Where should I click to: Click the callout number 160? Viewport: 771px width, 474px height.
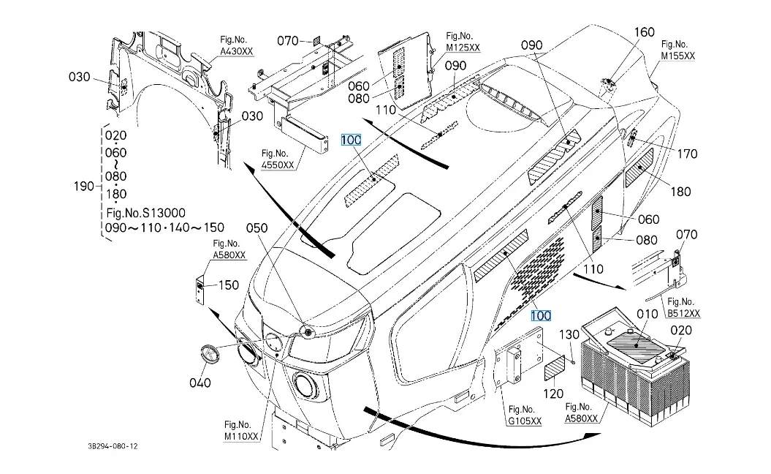tap(644, 32)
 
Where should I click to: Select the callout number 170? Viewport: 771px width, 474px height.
tap(687, 154)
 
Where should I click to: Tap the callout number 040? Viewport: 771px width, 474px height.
tap(200, 383)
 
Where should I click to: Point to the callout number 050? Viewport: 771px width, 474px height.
tap(257, 228)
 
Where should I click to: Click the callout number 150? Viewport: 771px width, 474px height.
tap(229, 285)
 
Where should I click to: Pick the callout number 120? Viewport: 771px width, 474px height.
tap(553, 394)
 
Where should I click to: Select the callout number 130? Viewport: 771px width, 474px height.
tap(569, 335)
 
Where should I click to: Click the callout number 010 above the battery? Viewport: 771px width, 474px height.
tap(647, 314)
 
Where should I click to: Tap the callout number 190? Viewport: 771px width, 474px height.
tap(83, 186)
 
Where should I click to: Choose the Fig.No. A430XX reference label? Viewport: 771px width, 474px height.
tap(236, 45)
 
